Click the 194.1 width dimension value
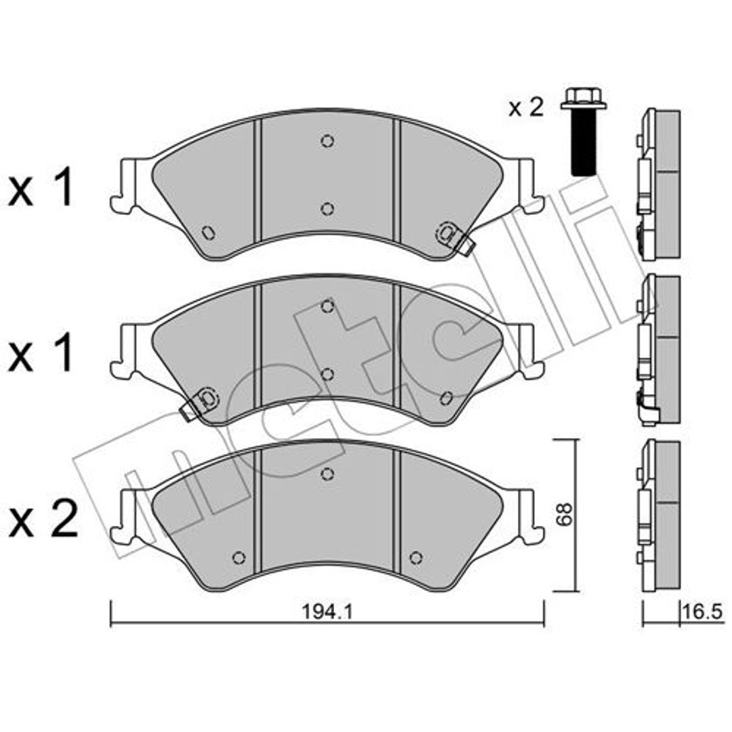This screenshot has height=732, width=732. coord(327,611)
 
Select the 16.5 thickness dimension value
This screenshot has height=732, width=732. coord(702,611)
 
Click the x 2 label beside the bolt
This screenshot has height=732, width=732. coord(526,108)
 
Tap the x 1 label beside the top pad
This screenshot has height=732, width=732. coord(41,188)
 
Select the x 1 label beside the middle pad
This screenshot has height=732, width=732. coord(41,352)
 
